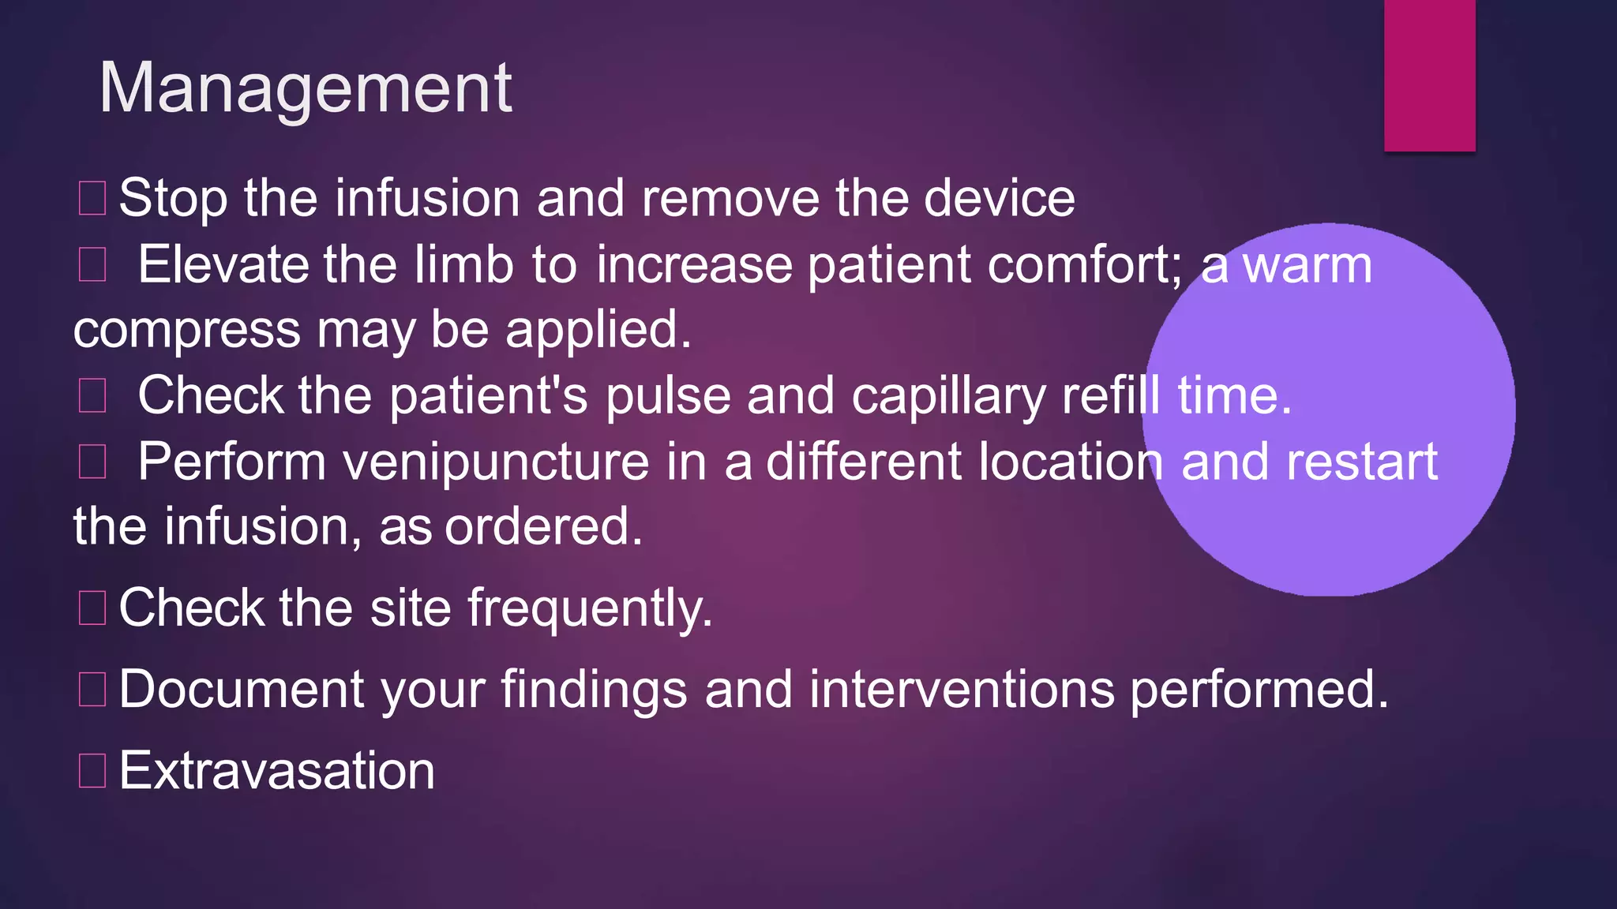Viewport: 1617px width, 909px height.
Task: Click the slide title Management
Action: click(306, 88)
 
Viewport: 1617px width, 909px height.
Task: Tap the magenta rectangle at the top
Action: click(1429, 75)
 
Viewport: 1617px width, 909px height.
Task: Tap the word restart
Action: click(1361, 462)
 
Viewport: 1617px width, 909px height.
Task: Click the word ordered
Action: click(543, 527)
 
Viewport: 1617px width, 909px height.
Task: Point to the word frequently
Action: click(589, 609)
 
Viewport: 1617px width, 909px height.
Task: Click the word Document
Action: click(242, 690)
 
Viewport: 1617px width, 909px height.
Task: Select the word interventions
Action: click(961, 690)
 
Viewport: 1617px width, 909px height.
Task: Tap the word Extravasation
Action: click(276, 771)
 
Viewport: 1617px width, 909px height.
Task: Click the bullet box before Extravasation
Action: click(92, 771)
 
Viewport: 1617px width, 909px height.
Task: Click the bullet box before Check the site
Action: click(92, 608)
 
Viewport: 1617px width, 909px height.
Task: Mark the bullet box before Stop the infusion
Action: click(92, 198)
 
